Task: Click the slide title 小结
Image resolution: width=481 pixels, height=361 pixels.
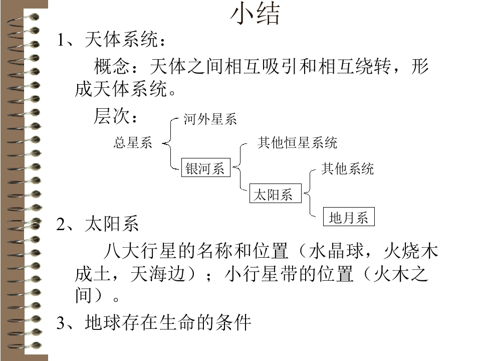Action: click(255, 14)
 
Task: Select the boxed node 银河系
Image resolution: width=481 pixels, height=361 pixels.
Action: click(206, 167)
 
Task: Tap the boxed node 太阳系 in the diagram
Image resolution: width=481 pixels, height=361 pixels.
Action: click(276, 194)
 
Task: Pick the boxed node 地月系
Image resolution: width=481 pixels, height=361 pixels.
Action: click(349, 217)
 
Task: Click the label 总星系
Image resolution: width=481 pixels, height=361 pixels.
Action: click(133, 143)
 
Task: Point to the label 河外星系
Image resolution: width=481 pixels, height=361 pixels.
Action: click(210, 119)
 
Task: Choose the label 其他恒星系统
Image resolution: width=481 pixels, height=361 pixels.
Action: click(297, 143)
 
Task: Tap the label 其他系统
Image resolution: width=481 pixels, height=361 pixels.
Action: click(348, 169)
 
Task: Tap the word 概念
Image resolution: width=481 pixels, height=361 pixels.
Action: click(112, 66)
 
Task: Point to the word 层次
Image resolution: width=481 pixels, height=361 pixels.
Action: click(112, 116)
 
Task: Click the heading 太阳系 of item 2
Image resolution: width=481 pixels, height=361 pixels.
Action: click(112, 224)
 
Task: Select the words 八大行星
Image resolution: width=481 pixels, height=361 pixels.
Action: click(140, 251)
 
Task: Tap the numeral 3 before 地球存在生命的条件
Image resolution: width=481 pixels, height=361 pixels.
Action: click(61, 323)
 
